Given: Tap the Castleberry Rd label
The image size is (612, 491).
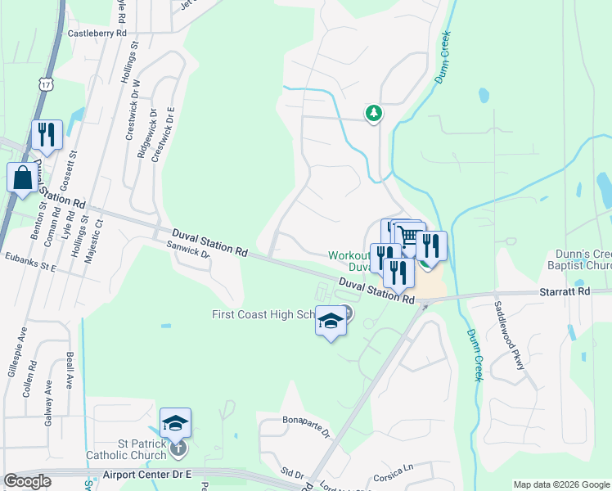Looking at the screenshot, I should click(x=97, y=34).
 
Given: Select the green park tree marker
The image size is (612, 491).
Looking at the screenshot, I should click(x=373, y=112).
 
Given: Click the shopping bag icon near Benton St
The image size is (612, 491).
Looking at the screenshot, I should click(x=22, y=176).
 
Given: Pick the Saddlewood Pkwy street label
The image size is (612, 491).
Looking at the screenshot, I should click(x=507, y=336).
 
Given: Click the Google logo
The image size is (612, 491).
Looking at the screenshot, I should click(x=28, y=481).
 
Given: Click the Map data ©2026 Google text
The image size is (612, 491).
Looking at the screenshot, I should click(x=560, y=484).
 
